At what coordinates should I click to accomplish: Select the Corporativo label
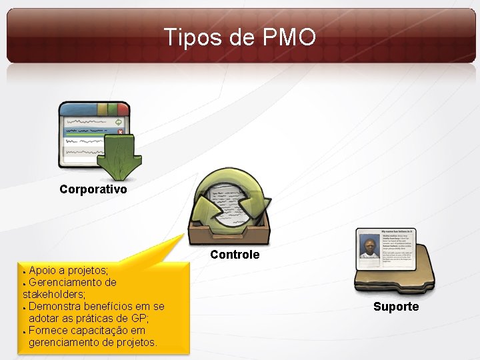click(x=93, y=189)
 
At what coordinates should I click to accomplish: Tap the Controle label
click(x=235, y=255)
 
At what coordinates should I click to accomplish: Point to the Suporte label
click(x=396, y=307)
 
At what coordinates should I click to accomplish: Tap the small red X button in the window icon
click(x=120, y=132)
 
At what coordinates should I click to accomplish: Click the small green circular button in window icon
click(x=119, y=123)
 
